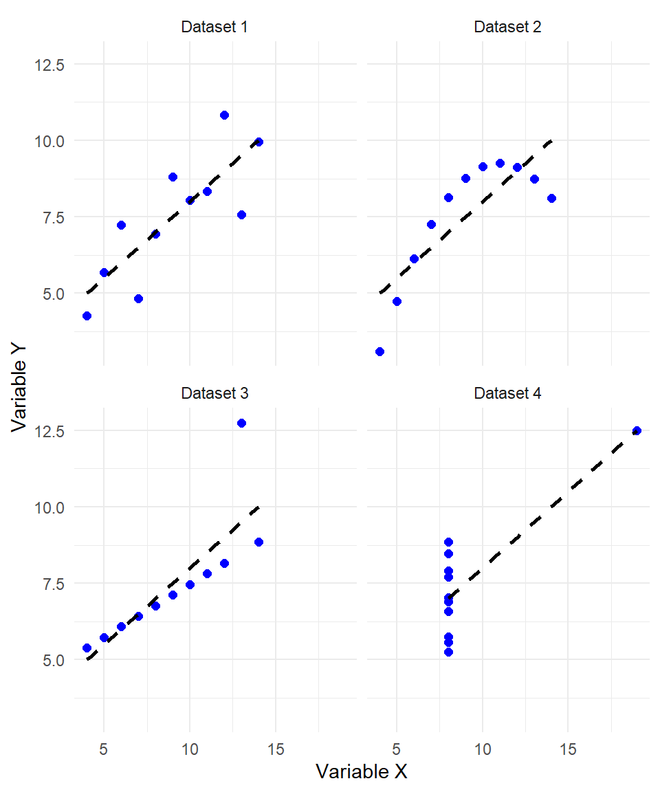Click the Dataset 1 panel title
214,27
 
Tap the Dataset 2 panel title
507,27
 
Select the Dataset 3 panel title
214,393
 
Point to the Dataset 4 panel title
507,393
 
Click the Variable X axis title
362,771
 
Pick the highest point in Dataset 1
224,115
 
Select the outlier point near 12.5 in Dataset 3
241,423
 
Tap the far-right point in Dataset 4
637,430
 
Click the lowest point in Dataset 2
379,351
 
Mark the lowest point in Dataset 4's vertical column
448,652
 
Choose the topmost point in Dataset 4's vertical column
448,542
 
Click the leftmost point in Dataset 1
87,316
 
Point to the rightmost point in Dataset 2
551,198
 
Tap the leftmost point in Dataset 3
87,648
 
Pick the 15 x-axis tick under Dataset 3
276,748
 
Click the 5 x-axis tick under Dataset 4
397,748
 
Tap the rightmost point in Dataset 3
258,542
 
